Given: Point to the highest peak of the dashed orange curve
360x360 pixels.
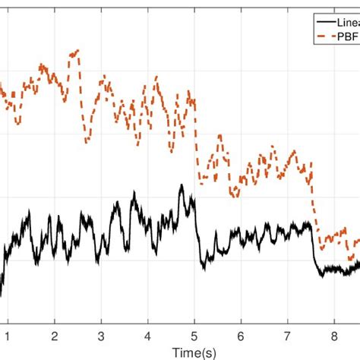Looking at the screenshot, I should pos(76,52).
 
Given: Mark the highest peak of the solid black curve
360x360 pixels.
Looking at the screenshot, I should pos(181,185).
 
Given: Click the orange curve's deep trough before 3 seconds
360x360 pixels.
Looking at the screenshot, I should pos(87,141).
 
